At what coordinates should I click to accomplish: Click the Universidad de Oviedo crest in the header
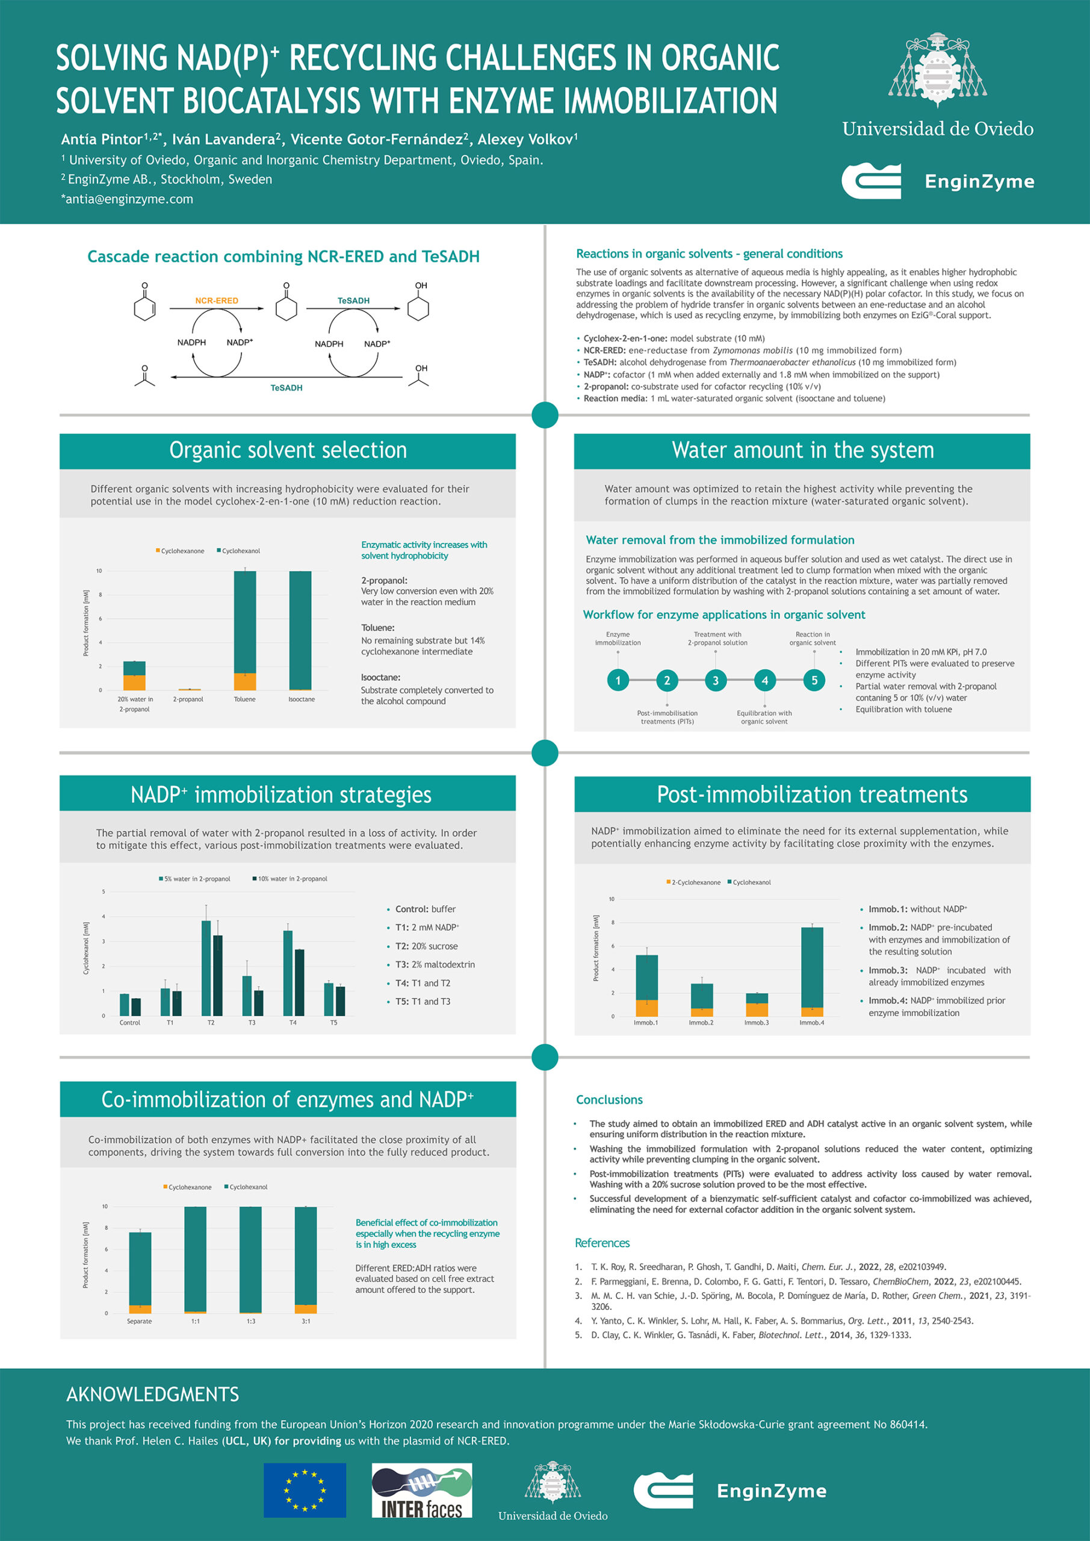[937, 71]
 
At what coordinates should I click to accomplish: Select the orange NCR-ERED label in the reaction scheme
[216, 301]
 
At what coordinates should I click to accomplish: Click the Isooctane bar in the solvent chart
[300, 630]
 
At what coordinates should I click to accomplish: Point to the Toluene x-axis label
[244, 699]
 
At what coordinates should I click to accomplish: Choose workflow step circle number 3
[716, 681]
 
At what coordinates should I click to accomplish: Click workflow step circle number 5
[814, 681]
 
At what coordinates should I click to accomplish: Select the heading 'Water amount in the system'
[802, 450]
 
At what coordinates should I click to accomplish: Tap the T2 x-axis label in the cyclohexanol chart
[211, 1023]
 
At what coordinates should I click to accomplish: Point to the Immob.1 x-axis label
[646, 1023]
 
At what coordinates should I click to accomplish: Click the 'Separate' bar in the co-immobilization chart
[140, 1273]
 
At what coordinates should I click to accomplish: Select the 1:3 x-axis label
[250, 1321]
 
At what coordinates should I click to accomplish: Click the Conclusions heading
[608, 1099]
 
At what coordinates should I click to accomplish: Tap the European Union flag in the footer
[305, 1490]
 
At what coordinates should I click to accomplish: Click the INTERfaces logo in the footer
[421, 1491]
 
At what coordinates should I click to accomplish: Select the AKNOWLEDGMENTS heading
[152, 1395]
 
